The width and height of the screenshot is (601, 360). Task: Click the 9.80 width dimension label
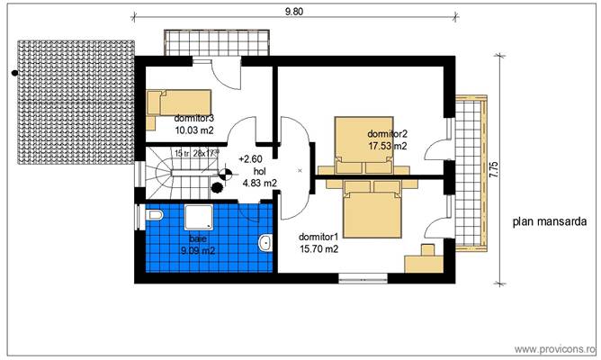point(294,12)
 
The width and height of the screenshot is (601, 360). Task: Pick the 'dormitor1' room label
point(318,237)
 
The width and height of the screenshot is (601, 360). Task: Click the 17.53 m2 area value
point(387,145)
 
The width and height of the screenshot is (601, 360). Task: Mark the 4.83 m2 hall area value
point(257,183)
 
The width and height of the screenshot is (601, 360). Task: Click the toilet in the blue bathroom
point(153,215)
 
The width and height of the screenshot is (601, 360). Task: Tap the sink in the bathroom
point(265,242)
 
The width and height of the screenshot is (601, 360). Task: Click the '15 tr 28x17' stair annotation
point(197,153)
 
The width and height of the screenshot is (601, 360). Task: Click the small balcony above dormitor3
point(217,42)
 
